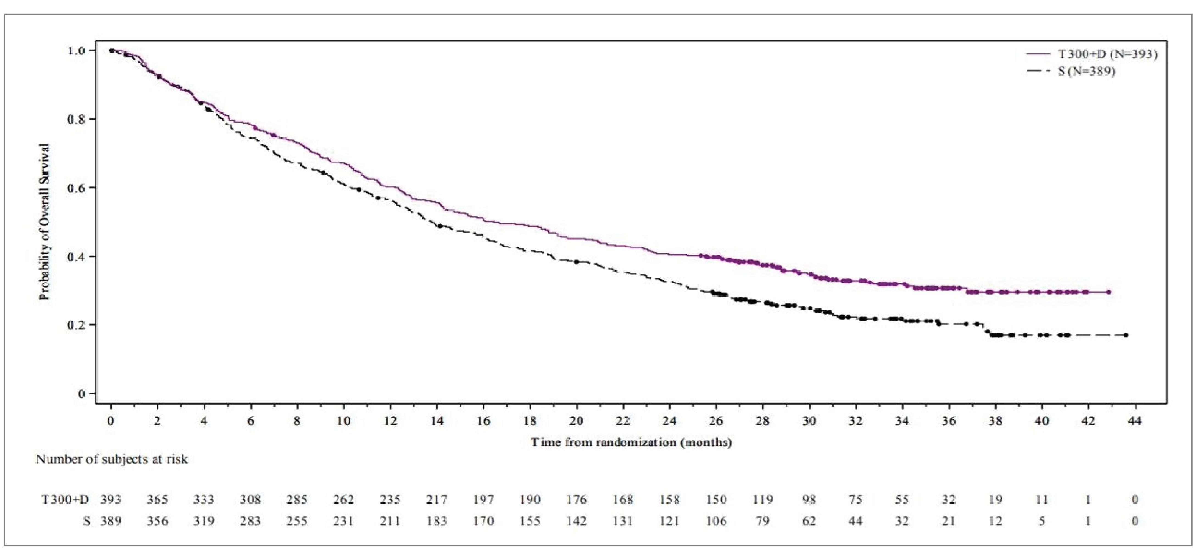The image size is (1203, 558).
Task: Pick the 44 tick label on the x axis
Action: click(x=1134, y=421)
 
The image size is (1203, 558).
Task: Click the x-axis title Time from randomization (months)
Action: click(x=631, y=442)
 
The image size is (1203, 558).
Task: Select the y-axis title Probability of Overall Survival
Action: click(x=44, y=222)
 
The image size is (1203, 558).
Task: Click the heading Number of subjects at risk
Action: click(x=112, y=459)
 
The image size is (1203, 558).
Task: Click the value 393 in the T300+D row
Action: click(x=111, y=499)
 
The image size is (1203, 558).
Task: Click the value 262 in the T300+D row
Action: click(x=343, y=499)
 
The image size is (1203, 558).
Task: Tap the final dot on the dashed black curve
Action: click(x=1126, y=335)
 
